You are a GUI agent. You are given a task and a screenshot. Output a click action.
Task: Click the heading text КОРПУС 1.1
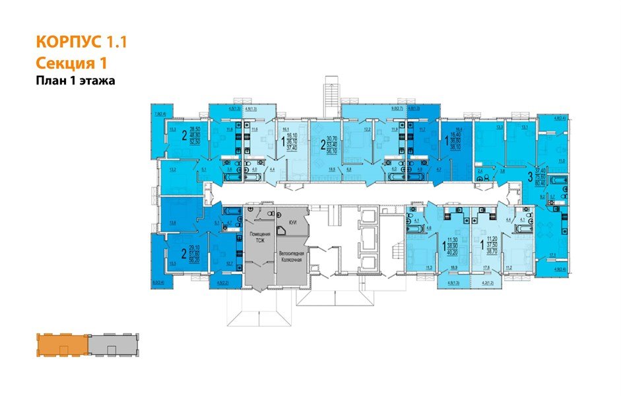pyautogui.click(x=80, y=43)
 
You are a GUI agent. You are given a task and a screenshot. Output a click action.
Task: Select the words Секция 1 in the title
pyautogui.click(x=70, y=63)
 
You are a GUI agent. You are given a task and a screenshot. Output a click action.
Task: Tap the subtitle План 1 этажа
pyautogui.click(x=75, y=81)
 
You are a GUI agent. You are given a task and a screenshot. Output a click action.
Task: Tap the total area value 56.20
pyautogui.click(x=195, y=261)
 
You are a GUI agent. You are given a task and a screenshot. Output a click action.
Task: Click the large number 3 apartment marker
pyautogui.click(x=530, y=177)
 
